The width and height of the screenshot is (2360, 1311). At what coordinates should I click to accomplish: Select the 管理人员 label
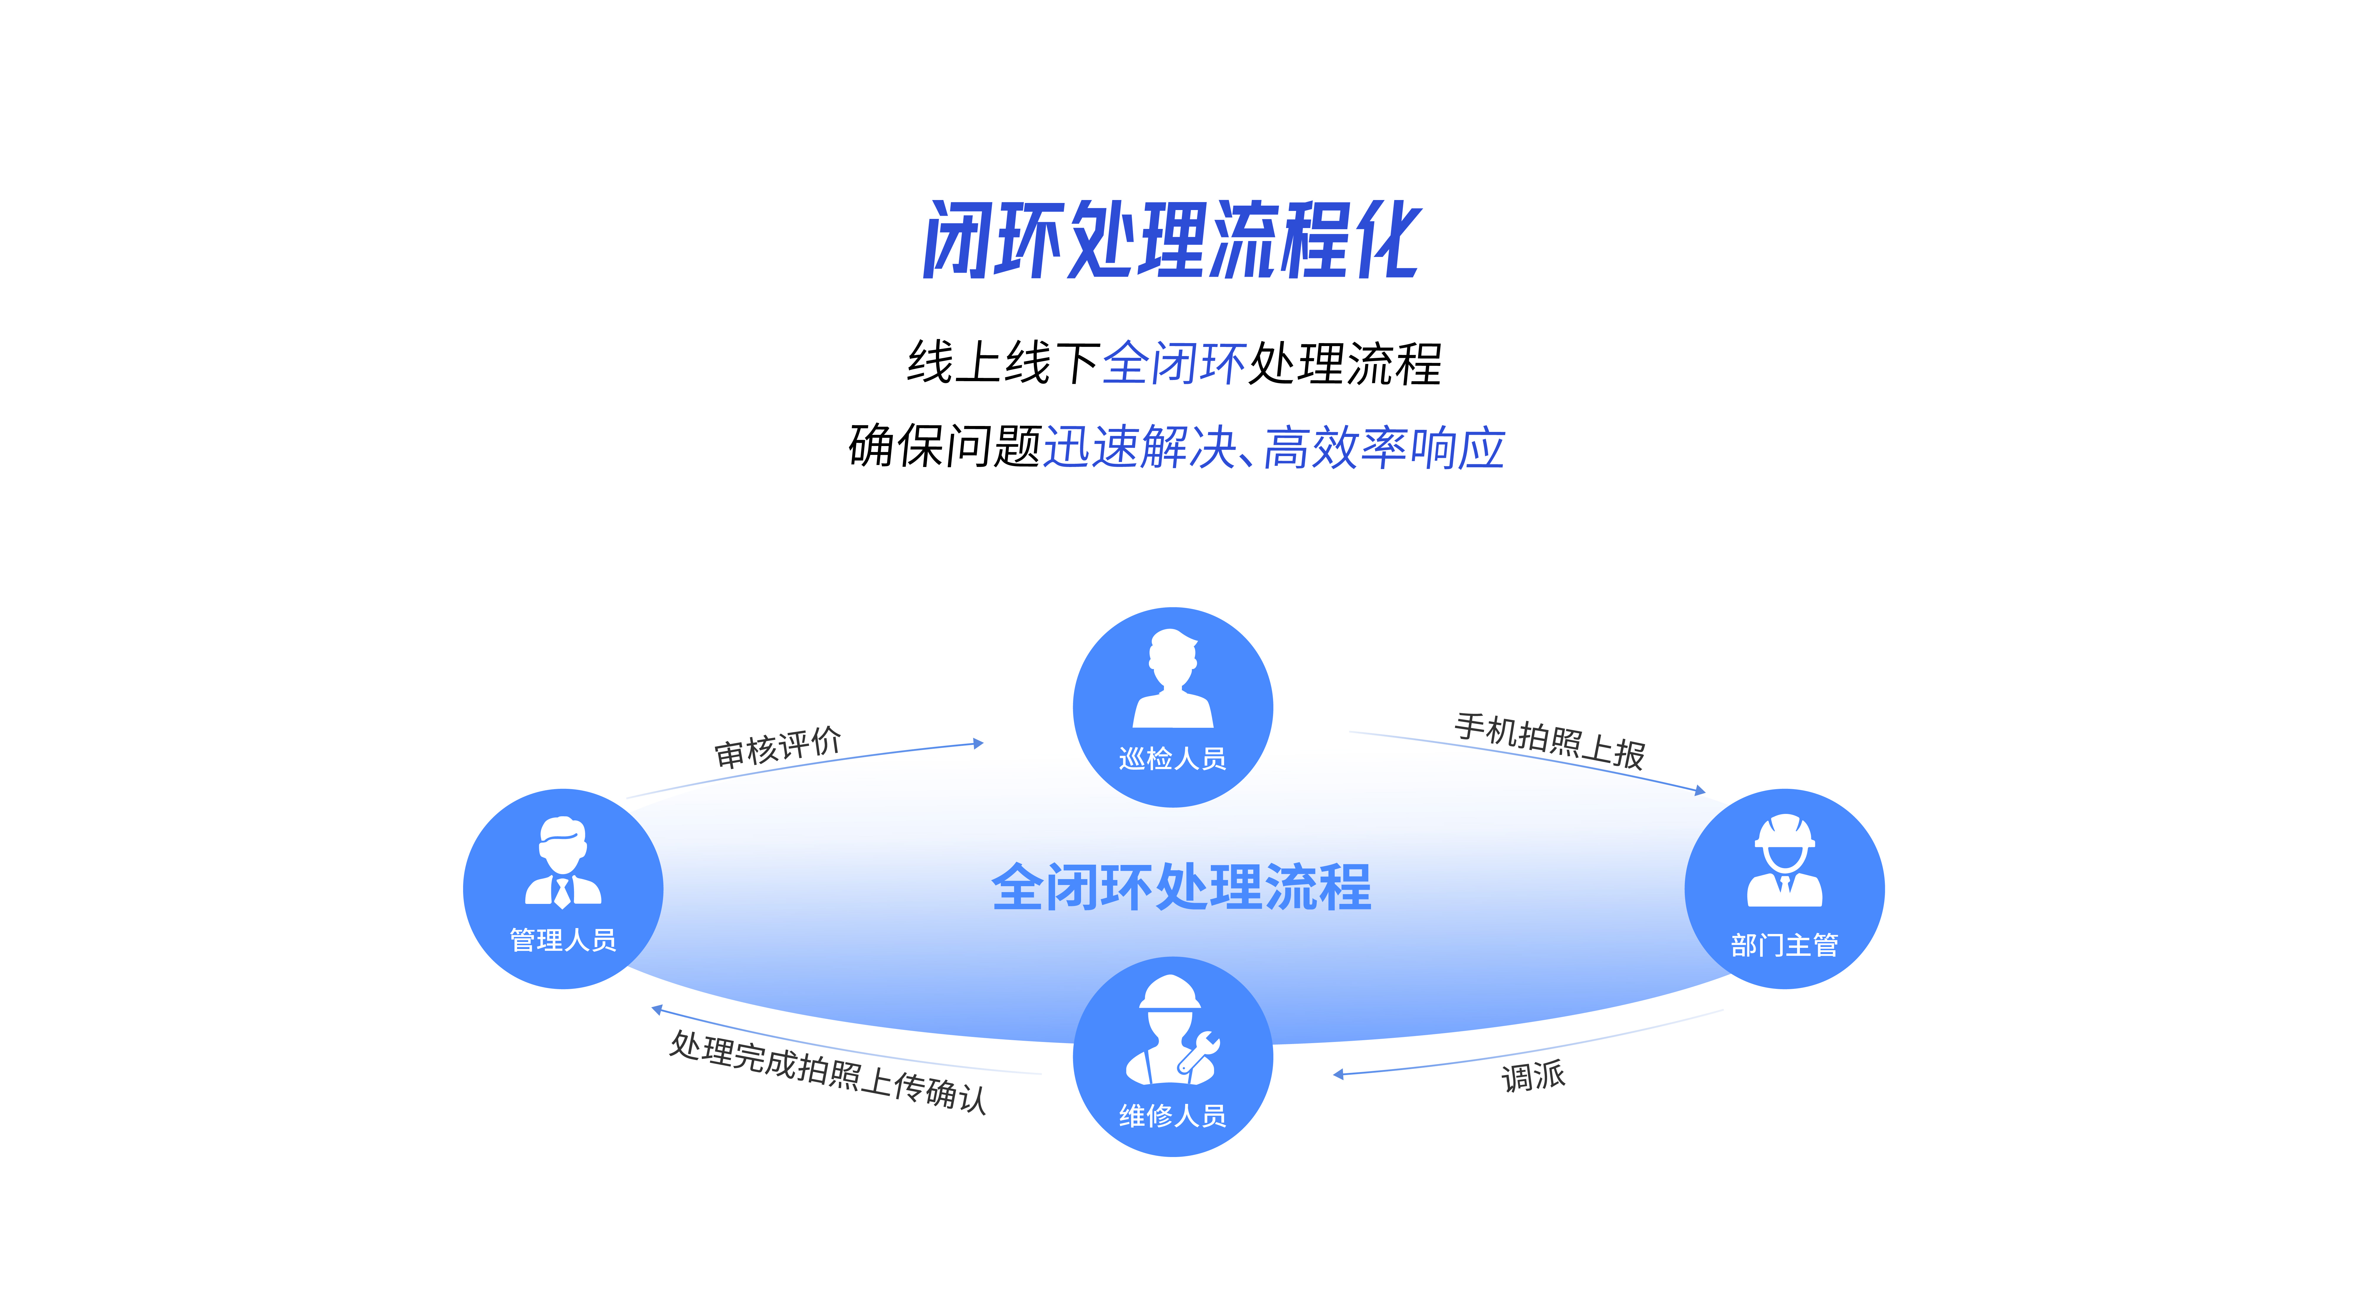point(562,940)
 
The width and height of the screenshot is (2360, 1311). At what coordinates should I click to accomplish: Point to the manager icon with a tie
point(562,861)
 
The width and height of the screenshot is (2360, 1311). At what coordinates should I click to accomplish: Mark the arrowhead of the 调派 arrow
point(1339,1074)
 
